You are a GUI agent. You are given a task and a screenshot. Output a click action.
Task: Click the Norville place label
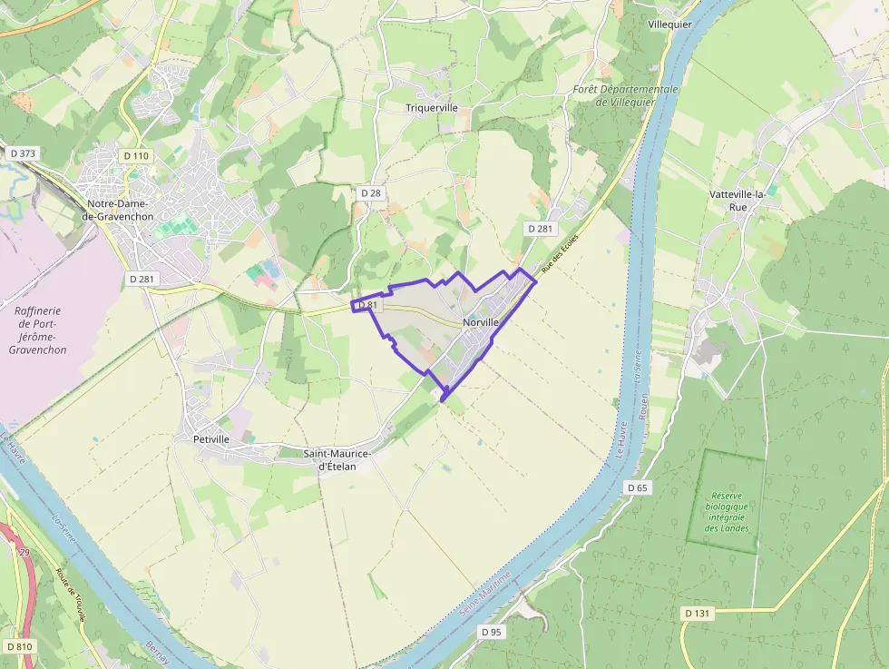pos(481,322)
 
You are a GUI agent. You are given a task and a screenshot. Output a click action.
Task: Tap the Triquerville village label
pos(432,108)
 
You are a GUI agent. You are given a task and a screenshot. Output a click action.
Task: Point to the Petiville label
pos(211,439)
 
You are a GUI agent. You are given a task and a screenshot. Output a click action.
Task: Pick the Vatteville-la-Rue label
pos(738,201)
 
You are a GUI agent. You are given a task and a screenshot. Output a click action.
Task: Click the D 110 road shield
pos(135,156)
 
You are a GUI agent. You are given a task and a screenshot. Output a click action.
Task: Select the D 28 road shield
pos(370,193)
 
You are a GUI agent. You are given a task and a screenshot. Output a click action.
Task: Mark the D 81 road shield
pos(366,306)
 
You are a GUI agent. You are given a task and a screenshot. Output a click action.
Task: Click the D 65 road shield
pos(638,487)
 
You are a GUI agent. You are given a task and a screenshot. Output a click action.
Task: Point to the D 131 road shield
pos(696,614)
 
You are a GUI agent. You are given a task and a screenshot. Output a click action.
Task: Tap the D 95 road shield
pos(491,631)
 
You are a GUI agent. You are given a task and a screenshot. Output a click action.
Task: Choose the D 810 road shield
pos(18,647)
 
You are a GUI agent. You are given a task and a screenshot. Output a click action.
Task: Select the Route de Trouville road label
pos(72,595)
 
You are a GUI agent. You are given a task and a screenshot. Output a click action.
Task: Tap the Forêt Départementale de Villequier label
pos(625,95)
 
